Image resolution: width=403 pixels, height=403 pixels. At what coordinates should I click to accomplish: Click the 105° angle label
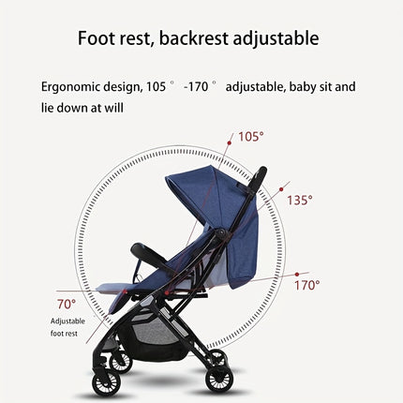click(x=250, y=137)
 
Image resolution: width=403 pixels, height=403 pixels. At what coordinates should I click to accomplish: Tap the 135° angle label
click(x=299, y=200)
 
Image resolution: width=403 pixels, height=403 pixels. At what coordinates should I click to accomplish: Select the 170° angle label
click(x=306, y=285)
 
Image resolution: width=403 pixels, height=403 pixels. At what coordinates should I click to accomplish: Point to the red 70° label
click(x=66, y=304)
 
